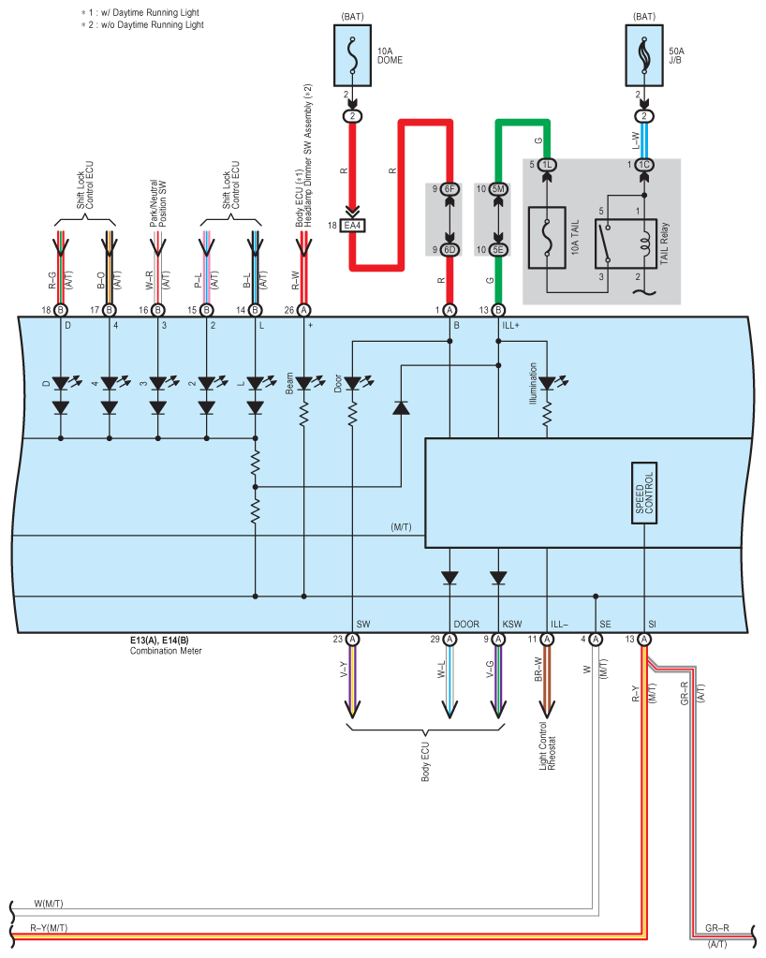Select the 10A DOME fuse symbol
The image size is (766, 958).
tap(353, 57)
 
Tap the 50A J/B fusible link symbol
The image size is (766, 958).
tap(644, 57)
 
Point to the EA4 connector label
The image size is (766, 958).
tap(353, 226)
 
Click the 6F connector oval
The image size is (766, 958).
tap(449, 189)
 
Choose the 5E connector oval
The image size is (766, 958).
tap(498, 250)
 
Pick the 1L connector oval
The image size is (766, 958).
tap(548, 165)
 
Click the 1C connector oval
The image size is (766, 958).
tap(644, 165)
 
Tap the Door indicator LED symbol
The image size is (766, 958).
tap(353, 383)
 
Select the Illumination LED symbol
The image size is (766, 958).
tap(547, 383)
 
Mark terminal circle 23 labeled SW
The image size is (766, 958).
tap(353, 639)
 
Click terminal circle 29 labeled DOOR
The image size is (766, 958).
tap(449, 639)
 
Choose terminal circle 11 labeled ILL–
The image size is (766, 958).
tap(547, 639)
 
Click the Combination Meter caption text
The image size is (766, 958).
tap(166, 651)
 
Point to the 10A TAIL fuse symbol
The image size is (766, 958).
tap(548, 234)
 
